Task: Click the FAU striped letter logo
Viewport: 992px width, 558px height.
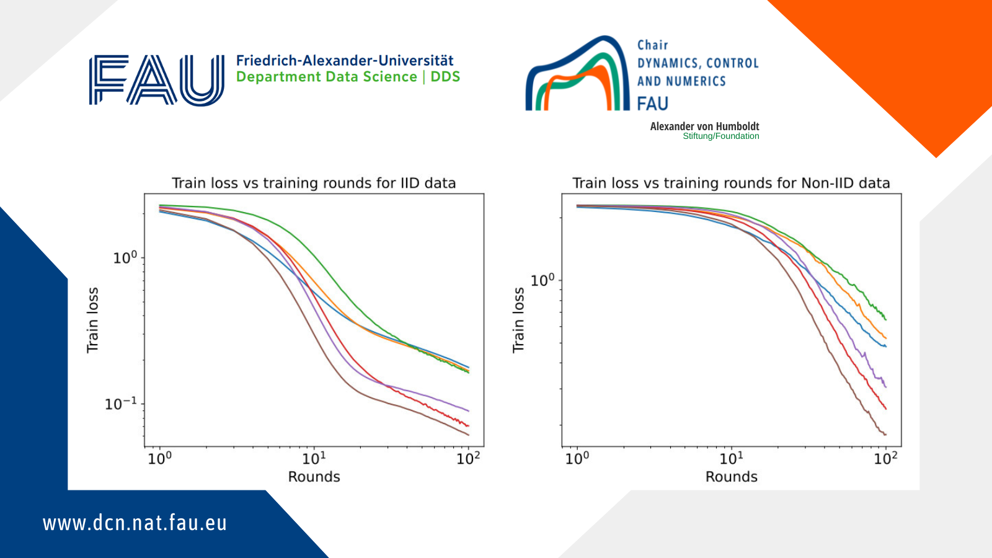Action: (156, 80)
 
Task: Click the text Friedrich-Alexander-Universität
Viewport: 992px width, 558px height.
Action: (345, 61)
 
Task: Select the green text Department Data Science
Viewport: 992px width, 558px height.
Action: (326, 77)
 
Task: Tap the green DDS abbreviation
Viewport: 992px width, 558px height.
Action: (445, 77)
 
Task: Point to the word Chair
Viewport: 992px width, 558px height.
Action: (653, 45)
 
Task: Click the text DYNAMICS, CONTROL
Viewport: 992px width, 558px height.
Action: (697, 63)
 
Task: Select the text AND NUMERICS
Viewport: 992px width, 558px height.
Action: (681, 81)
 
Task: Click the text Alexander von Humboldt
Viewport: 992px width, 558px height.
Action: (704, 126)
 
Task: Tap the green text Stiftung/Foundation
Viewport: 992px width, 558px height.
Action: (720, 136)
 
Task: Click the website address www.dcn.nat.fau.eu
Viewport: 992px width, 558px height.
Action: (135, 523)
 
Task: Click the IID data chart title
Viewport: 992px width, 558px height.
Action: (314, 183)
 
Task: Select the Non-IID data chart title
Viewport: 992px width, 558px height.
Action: (731, 183)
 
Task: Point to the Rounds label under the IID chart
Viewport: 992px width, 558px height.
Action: (314, 477)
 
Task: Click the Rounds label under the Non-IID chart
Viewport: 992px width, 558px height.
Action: (731, 477)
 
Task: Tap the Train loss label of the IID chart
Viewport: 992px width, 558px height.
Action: (92, 320)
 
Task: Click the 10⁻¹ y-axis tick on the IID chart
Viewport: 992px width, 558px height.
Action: (121, 404)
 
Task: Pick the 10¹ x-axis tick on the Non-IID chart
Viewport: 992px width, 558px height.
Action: (732, 458)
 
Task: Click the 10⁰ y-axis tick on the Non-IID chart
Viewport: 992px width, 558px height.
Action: (542, 280)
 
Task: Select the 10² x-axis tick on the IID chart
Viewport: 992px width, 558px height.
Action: (468, 458)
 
